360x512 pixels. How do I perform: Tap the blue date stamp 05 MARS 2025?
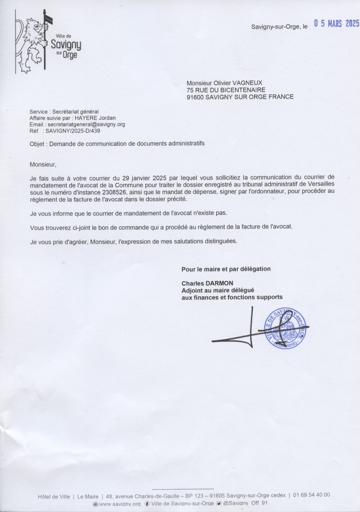336,24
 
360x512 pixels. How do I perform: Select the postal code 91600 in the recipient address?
196,97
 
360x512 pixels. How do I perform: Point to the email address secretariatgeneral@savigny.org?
86,125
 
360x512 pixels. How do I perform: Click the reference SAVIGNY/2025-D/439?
76,131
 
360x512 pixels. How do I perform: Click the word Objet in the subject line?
37,144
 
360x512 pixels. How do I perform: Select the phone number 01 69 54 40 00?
312,495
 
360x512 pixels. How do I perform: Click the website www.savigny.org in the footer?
120,504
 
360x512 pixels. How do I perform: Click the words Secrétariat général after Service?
77,112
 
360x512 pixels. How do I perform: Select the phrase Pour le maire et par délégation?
226,269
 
